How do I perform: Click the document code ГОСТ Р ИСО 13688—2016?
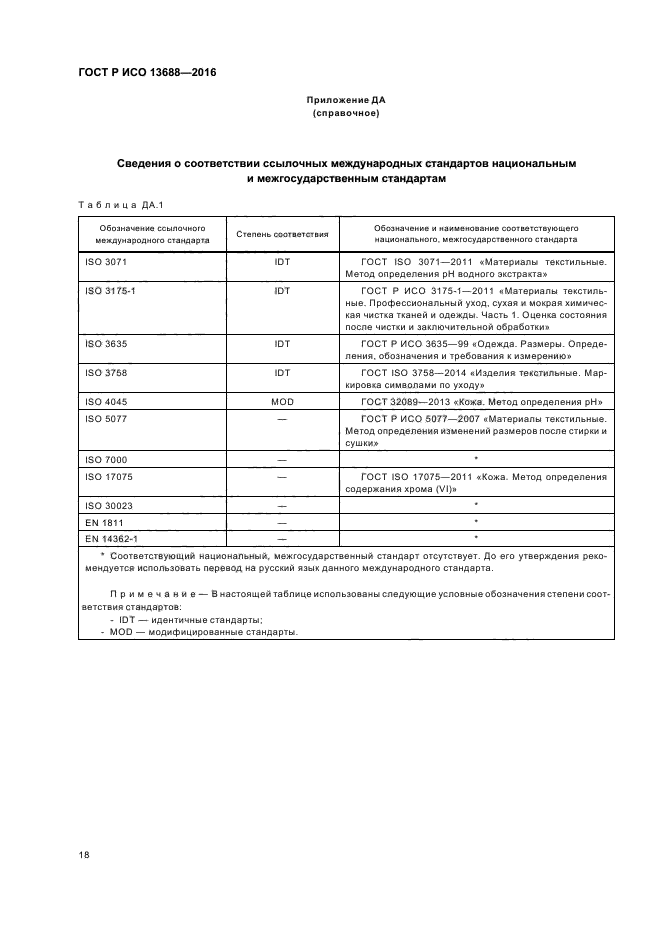147,73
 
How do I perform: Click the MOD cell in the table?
282,400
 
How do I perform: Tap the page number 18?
83,854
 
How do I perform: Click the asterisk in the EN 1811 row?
476,522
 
